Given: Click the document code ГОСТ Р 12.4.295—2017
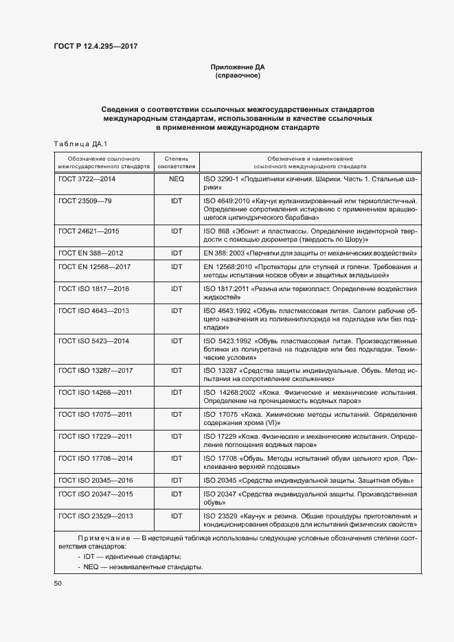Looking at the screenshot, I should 97,47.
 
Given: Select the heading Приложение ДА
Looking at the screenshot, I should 237,67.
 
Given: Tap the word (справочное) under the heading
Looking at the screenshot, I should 237,76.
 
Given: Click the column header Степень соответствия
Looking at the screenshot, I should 177,162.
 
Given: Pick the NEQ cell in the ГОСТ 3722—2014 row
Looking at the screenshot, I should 177,179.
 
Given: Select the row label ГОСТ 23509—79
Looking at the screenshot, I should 85,201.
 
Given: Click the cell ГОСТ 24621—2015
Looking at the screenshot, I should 89,231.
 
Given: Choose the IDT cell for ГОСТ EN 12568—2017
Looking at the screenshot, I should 177,266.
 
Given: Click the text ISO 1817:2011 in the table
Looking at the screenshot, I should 227,288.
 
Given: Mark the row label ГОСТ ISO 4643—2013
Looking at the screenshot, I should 94,310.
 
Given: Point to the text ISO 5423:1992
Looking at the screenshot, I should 227,341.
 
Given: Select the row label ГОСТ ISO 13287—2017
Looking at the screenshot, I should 96,371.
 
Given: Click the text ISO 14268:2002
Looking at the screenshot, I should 229,393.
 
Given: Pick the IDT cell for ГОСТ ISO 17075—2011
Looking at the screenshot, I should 177,415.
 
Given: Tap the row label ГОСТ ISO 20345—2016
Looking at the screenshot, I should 96,480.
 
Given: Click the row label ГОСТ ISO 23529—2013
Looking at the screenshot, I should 96,516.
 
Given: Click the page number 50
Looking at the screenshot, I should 58,583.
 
